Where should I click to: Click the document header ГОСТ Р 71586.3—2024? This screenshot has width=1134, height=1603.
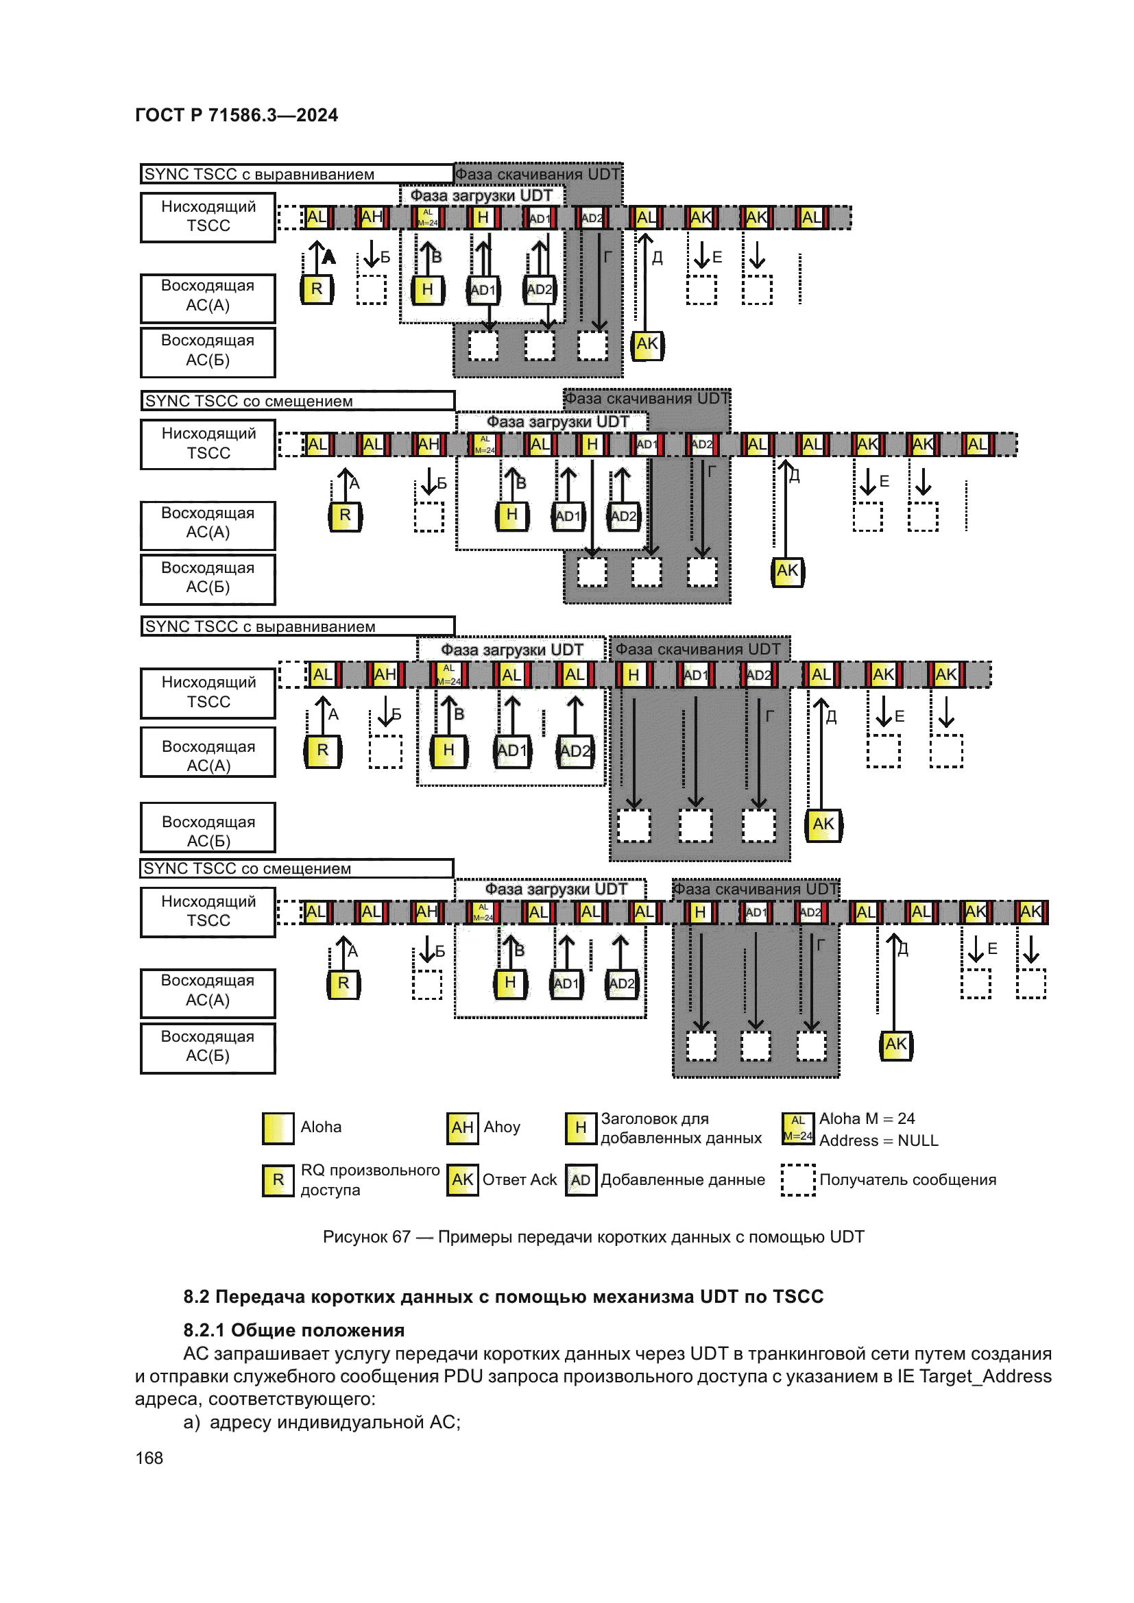[236, 115]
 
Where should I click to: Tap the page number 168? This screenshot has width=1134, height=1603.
[149, 1458]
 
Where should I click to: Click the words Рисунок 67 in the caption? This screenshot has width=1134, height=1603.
[366, 1236]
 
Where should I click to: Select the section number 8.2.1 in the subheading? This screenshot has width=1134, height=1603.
[204, 1330]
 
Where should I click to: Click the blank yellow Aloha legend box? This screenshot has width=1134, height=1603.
[278, 1127]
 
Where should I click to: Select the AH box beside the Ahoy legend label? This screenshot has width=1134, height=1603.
[462, 1127]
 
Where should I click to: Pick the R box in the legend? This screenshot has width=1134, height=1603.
[278, 1180]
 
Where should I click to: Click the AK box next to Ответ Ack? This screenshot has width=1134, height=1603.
[462, 1180]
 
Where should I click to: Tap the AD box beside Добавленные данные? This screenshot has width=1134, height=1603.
[580, 1180]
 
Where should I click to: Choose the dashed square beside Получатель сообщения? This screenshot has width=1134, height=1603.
[797, 1180]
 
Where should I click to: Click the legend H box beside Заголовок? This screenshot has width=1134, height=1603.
[580, 1127]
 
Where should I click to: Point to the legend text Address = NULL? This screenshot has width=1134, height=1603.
[878, 1140]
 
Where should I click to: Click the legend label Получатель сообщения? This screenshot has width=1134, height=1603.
[907, 1179]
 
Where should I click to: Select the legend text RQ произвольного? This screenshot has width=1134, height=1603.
[370, 1170]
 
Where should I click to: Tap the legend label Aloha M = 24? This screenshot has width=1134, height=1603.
[867, 1118]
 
